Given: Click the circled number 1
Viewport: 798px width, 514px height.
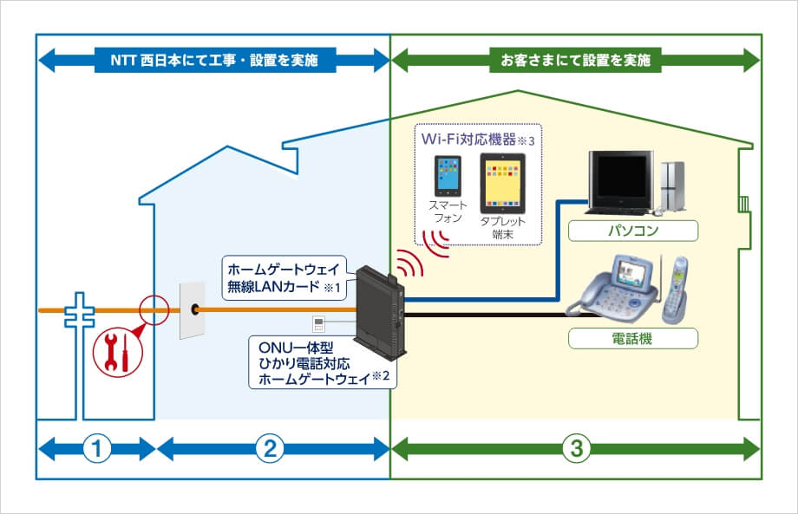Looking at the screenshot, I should click(97, 449).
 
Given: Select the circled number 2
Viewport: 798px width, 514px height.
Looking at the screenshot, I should click(271, 449).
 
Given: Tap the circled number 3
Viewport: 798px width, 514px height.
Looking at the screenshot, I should click(576, 449).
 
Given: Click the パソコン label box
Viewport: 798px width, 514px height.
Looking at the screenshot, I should click(633, 231).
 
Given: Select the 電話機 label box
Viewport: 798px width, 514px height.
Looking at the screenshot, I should click(633, 337).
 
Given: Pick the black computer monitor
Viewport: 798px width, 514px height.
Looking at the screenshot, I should click(622, 182).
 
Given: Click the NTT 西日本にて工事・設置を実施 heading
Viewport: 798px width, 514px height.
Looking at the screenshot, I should click(214, 61).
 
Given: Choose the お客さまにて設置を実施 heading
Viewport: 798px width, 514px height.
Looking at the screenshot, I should click(576, 61).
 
